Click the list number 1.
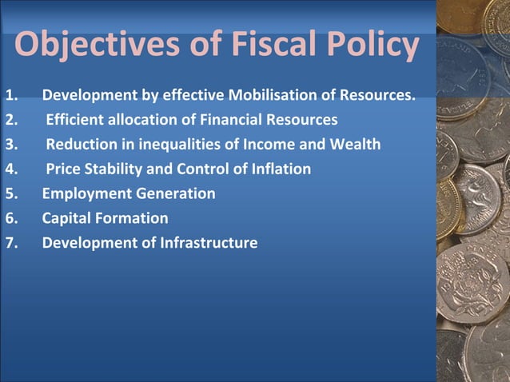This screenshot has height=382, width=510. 11,97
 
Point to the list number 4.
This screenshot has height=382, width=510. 11,169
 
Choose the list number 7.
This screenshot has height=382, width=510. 11,243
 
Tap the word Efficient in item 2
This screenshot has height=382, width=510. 75,121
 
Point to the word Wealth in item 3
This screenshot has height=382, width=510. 353,145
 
